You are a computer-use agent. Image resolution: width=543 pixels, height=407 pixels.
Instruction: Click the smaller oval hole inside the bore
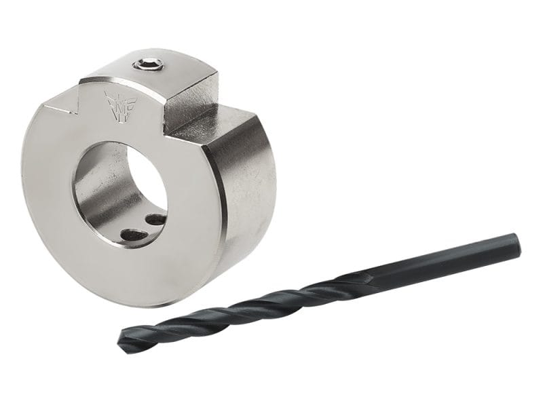[156, 220]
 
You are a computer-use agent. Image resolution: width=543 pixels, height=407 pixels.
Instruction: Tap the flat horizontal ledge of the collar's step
[204, 125]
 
